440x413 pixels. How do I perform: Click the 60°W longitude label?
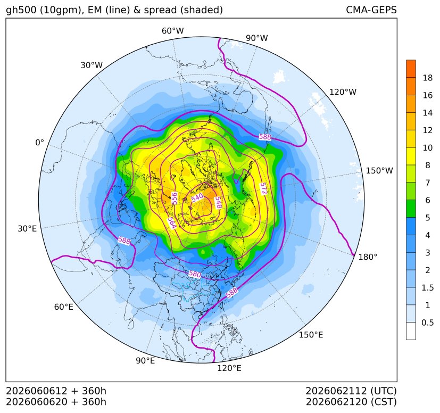coord(172,31)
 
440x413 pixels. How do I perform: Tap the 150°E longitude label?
coord(311,335)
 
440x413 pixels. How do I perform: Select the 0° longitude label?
coord(39,143)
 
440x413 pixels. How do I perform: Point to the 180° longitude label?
coord(368,257)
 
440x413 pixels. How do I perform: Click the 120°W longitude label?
coord(343,92)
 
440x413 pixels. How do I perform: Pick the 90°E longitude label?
coord(145,361)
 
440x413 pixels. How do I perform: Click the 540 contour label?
coord(197,197)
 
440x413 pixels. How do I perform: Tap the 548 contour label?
coord(218,202)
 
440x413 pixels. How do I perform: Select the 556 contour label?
coord(175,198)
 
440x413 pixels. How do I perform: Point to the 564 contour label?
coord(172,223)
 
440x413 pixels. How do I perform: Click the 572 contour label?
coord(263,188)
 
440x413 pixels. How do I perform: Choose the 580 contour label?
coord(195,274)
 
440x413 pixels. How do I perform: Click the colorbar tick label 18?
coord(428,78)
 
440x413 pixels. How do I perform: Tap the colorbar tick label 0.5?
coord(427,323)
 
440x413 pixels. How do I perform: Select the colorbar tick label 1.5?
coord(427,288)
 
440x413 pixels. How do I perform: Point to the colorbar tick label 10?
coord(428,147)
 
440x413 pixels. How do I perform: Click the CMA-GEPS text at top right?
coord(371,10)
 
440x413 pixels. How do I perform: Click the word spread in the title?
coord(160,11)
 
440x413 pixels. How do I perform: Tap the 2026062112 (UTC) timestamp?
coord(351,391)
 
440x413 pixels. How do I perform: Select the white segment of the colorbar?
coord(411,331)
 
